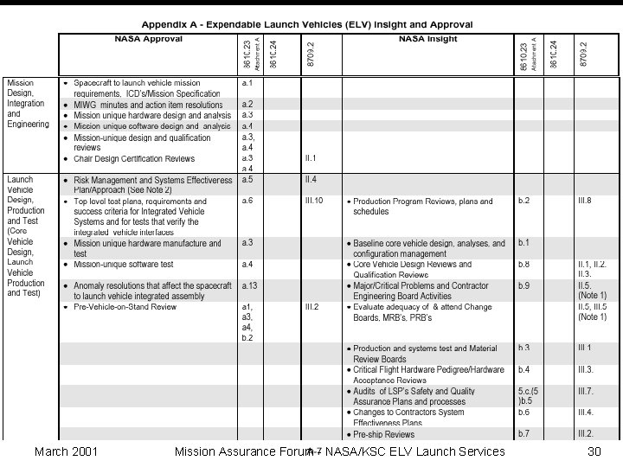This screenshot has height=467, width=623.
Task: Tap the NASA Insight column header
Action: tap(427, 39)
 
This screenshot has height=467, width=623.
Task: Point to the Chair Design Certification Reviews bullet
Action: tap(134, 159)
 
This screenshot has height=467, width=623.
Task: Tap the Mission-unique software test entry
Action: tap(124, 264)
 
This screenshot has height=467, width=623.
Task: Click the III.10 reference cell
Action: tap(314, 201)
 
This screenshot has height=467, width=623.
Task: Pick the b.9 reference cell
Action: tap(524, 285)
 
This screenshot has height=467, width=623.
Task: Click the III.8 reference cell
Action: tap(585, 201)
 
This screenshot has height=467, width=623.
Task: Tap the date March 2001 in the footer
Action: tap(65, 451)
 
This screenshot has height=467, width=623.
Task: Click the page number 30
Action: tap(594, 451)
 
